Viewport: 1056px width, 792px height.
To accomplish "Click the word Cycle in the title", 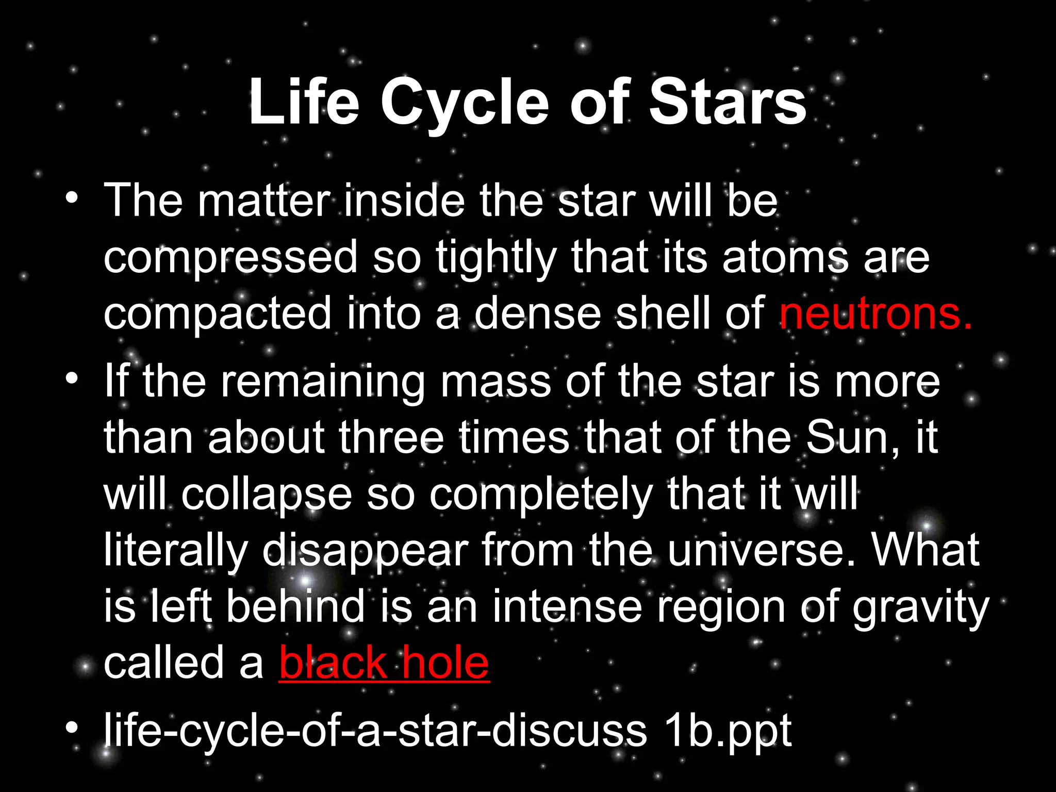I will pyautogui.click(x=465, y=103).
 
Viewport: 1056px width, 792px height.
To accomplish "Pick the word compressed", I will pyautogui.click(x=230, y=258).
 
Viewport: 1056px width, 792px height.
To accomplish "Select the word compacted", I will pyautogui.click(x=217, y=315).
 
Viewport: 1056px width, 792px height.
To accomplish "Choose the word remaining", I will pyautogui.click(x=323, y=383).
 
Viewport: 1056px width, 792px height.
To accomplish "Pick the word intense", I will pyautogui.click(x=567, y=607).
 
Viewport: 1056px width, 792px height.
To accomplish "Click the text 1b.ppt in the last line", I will pyautogui.click(x=727, y=731).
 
